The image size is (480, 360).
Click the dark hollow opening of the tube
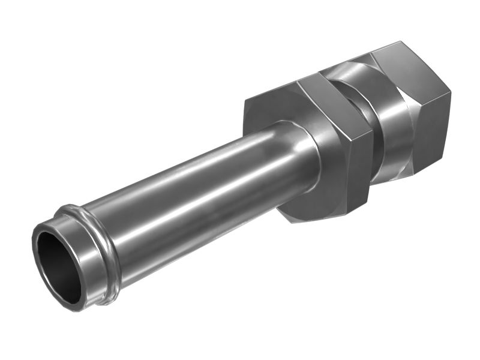pos(59,265)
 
